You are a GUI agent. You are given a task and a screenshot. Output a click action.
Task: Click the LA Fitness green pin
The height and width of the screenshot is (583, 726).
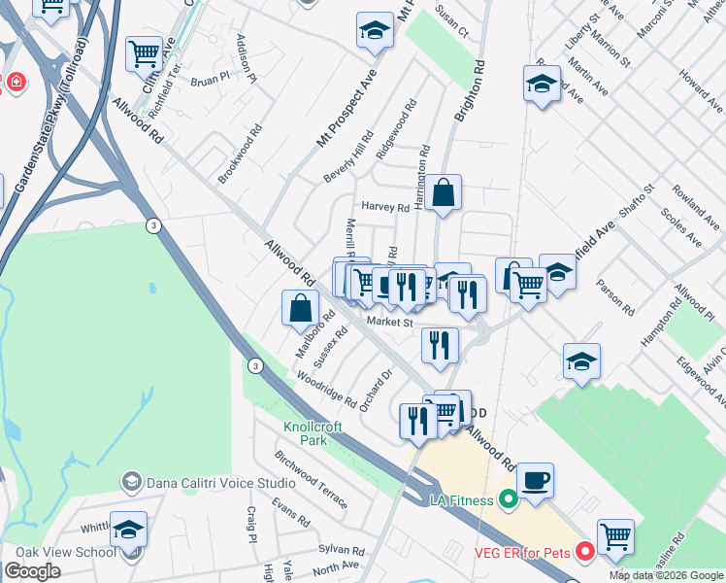(x=506, y=501)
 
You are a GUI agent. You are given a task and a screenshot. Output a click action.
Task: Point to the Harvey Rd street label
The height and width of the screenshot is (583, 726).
(x=385, y=207)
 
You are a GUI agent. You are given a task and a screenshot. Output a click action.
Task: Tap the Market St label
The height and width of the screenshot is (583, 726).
(x=389, y=323)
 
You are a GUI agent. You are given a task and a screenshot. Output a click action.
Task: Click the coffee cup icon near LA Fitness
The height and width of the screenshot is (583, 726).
(x=535, y=479)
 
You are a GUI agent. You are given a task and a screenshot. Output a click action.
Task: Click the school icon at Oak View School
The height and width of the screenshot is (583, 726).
(x=128, y=530)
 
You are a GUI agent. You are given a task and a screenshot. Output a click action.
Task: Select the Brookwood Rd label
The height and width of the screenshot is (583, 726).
(x=240, y=154)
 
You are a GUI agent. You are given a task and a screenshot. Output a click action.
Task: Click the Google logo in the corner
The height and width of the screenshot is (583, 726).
(x=33, y=571)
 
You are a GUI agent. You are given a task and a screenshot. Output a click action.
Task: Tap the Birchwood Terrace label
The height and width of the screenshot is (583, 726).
(x=311, y=479)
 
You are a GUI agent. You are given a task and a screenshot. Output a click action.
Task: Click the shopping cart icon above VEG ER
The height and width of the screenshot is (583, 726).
(x=614, y=535)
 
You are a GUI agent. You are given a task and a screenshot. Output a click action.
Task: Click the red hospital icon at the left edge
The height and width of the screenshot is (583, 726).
(x=16, y=84)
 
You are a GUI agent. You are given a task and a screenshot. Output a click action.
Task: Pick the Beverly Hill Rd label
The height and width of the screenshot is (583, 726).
(x=348, y=157)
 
